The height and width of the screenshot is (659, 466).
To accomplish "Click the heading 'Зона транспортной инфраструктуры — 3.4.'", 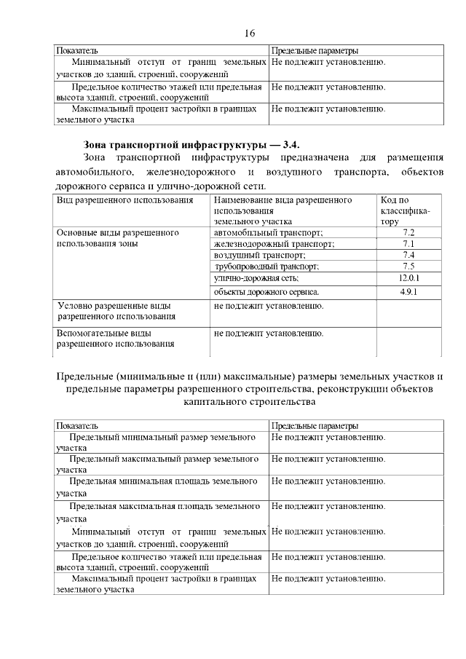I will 191,144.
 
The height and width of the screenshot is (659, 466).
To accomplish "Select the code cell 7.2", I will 408,232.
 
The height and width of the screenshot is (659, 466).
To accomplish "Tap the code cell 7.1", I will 408,244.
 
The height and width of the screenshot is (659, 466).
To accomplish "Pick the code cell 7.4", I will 408,256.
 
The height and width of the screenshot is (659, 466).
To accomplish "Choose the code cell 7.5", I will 408,267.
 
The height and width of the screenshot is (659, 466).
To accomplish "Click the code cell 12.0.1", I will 409,279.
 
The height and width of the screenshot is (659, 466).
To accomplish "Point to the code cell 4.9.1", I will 409,292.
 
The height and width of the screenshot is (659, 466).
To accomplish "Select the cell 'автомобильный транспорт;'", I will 268,232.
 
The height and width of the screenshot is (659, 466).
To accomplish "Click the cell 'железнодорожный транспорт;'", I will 273,244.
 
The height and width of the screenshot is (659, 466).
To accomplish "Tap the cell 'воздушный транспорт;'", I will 259,256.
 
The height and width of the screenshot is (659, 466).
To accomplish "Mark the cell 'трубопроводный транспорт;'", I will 268,267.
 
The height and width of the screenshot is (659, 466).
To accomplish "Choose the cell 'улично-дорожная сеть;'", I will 256,279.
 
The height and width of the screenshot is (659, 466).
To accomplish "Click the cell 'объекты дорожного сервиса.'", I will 266,292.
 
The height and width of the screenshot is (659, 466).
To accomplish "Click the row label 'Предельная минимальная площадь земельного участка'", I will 159,486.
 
